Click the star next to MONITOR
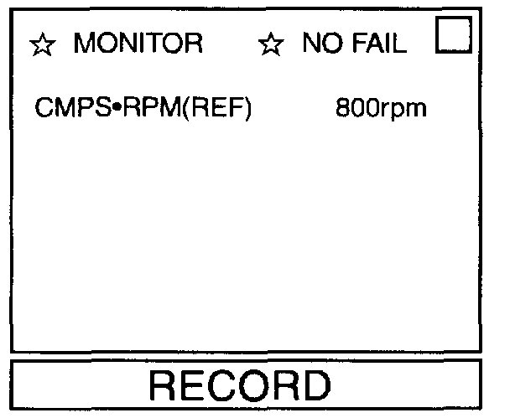[42, 44]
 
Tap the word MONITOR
[138, 44]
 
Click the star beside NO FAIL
[270, 44]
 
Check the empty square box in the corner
[454, 37]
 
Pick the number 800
[352, 109]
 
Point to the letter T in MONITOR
[157, 44]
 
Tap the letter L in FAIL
[399, 44]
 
